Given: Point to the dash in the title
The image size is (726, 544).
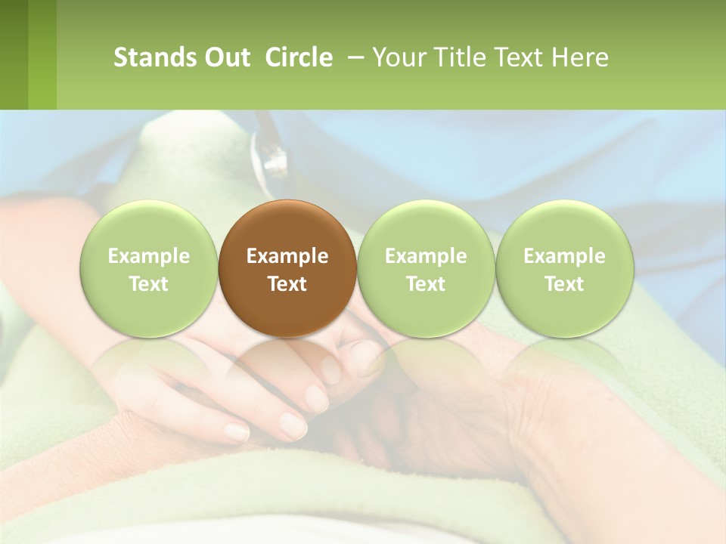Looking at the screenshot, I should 354,57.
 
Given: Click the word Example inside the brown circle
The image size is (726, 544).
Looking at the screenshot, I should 287,256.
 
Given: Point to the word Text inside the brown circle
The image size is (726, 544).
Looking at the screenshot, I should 287,284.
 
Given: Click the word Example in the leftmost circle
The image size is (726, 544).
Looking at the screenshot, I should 148,256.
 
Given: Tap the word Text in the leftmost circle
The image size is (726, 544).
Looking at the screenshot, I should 148,284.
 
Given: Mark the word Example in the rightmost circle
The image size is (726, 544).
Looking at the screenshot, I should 564,256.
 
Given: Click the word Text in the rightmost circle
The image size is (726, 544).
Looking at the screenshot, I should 564,284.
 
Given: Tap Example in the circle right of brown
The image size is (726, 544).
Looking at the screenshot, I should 426,256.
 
